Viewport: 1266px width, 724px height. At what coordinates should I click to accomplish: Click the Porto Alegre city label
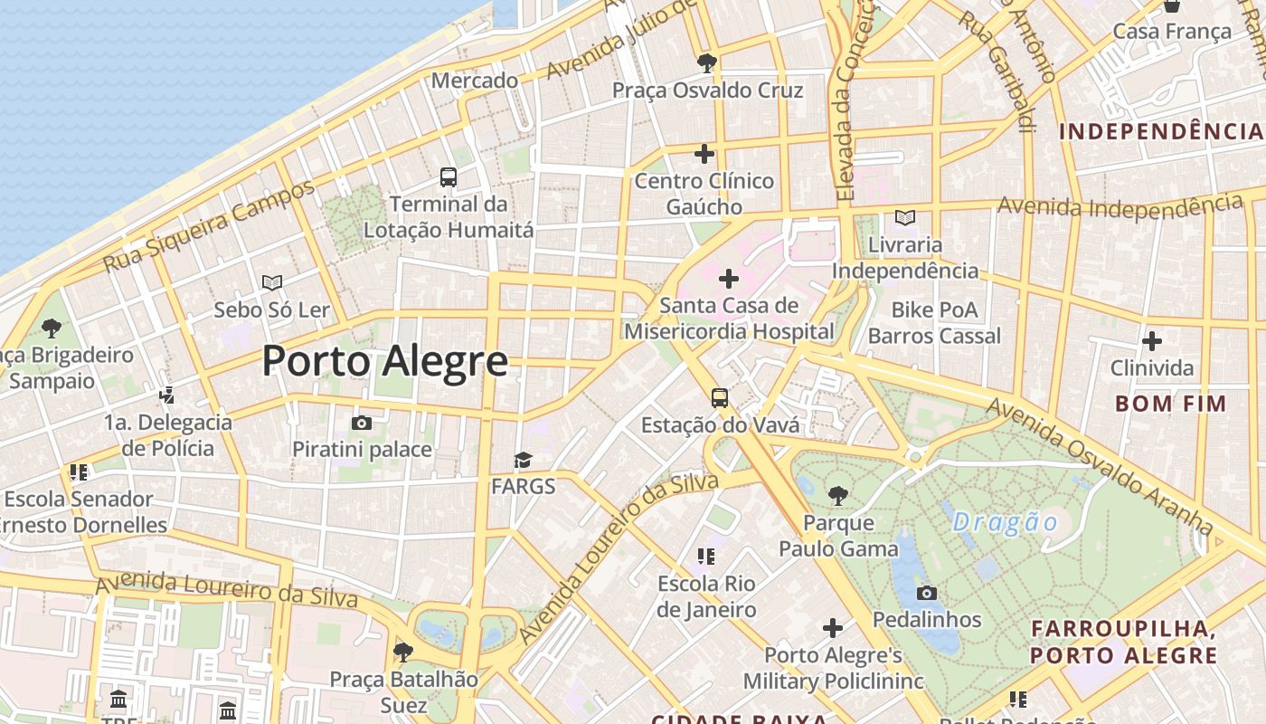(x=385, y=361)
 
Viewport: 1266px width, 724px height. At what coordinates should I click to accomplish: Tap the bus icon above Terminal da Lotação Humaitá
(x=449, y=176)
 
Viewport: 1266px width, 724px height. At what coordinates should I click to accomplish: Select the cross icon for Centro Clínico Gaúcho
(x=704, y=154)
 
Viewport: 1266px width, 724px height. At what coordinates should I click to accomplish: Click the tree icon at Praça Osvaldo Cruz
(x=707, y=63)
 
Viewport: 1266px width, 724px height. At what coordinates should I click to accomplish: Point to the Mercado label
(x=475, y=81)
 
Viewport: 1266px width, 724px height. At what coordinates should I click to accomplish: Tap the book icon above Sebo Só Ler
(x=272, y=282)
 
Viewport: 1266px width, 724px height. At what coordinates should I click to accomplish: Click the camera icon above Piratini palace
(x=362, y=423)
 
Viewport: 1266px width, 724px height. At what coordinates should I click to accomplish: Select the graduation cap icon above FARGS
(x=523, y=461)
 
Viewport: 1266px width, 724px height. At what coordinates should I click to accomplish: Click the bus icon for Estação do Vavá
(x=720, y=398)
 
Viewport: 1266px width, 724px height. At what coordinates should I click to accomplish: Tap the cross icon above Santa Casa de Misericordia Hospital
(x=728, y=279)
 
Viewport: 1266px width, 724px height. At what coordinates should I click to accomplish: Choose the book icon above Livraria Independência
(x=904, y=217)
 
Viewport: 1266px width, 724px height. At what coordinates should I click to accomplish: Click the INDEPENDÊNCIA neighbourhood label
(x=1160, y=131)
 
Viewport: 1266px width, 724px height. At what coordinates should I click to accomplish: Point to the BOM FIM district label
(x=1170, y=404)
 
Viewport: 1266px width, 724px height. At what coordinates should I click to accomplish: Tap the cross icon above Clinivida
(x=1152, y=341)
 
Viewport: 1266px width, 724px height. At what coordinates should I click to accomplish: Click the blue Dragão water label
(x=1005, y=522)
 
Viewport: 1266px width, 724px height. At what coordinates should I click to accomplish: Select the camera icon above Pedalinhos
(x=927, y=594)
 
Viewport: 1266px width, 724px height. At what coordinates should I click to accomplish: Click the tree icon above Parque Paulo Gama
(x=838, y=495)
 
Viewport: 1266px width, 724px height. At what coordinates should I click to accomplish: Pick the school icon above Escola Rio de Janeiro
(x=706, y=556)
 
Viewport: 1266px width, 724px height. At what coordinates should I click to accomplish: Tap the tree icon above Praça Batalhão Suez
(x=403, y=651)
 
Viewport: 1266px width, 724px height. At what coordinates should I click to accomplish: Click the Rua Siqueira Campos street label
(x=209, y=226)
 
